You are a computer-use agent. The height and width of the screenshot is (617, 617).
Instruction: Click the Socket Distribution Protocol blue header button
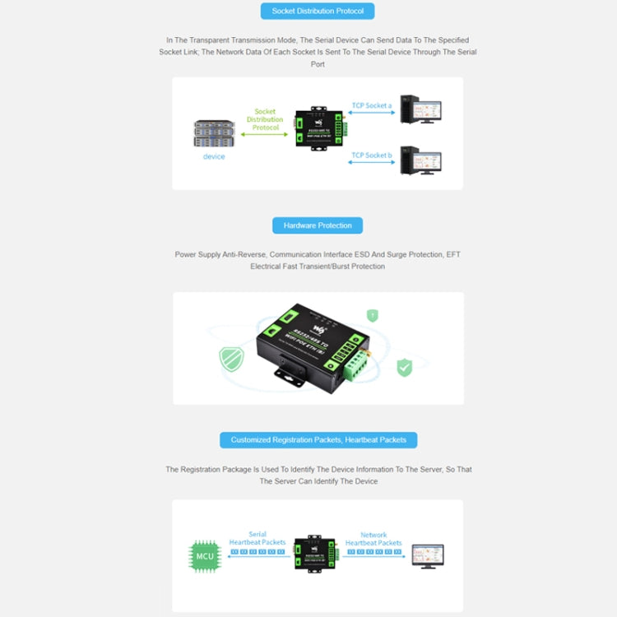tap(318, 11)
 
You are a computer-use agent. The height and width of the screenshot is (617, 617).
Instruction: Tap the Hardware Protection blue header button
tap(318, 225)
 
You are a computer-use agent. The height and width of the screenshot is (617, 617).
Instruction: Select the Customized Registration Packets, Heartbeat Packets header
tap(318, 439)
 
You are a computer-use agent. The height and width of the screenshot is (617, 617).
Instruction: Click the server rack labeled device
tap(214, 134)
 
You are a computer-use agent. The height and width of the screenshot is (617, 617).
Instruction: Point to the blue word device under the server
tap(214, 156)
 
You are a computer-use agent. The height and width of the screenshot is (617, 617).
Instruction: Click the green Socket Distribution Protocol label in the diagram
tap(265, 119)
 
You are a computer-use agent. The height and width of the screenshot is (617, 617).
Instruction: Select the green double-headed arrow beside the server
tap(265, 134)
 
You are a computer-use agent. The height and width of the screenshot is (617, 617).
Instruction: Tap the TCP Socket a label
tap(372, 105)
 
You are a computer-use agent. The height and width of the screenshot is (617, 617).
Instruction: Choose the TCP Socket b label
tap(372, 155)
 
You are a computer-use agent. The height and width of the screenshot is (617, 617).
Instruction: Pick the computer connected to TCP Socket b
tap(420, 160)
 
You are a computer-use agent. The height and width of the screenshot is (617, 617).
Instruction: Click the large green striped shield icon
tap(231, 359)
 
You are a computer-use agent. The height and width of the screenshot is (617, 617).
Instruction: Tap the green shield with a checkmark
tap(404, 368)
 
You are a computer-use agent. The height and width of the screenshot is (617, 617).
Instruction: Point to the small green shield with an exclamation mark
tap(373, 315)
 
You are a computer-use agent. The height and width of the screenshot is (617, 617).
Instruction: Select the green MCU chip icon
tap(205, 556)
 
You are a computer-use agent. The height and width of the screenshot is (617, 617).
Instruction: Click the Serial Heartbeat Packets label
tap(257, 539)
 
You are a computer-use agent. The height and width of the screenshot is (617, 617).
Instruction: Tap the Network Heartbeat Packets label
tap(373, 539)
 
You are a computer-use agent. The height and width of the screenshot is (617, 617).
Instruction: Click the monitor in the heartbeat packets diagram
tap(427, 555)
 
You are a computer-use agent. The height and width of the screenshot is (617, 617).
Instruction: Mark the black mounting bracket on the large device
tap(290, 375)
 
